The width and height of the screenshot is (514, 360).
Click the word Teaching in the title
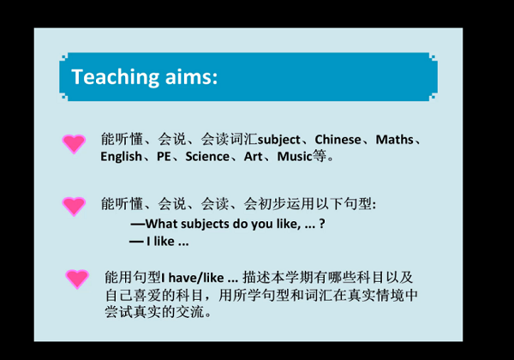coord(116,77)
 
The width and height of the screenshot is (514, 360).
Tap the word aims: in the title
coord(191,77)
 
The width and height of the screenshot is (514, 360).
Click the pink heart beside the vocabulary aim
coord(74,144)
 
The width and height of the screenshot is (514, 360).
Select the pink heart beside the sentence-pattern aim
coord(74,207)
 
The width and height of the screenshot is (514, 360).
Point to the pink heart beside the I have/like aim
coord(77,279)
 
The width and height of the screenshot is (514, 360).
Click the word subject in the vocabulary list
coord(279,140)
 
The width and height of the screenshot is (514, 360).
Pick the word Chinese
coord(338,140)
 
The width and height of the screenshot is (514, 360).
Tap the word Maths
coord(394,140)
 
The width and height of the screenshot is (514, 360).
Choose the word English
coord(121,157)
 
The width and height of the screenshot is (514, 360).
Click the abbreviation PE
coord(164,156)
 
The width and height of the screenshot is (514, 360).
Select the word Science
coord(207,156)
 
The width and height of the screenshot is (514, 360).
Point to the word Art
coord(253,156)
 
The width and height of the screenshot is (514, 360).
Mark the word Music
coord(295,156)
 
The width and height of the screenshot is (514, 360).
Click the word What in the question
coord(161,224)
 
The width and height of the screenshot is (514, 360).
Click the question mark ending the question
coord(322,224)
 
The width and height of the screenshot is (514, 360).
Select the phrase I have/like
coord(193,278)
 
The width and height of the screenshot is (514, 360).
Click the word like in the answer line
coord(164,242)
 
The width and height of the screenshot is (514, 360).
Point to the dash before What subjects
coord(138,225)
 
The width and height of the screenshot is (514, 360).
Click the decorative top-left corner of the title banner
coord(63,57)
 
